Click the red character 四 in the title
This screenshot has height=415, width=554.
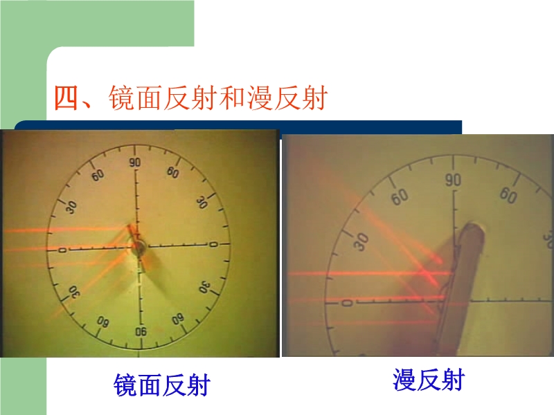[x=66, y=98]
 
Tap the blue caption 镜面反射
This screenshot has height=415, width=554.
[x=162, y=385]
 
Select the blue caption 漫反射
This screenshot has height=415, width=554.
[x=429, y=380]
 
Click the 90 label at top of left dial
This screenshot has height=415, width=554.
[x=134, y=163]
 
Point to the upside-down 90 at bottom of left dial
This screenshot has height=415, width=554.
[x=141, y=331]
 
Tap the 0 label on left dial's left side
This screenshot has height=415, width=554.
[x=62, y=250]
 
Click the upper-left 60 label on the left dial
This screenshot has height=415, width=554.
[x=98, y=175]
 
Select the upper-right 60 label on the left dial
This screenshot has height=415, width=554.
[x=172, y=172]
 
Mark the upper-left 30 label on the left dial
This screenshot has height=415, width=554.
[x=72, y=207]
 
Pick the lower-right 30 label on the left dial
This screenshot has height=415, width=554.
[x=204, y=288]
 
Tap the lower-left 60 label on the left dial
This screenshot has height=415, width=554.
[x=102, y=321]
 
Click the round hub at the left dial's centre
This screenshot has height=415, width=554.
[x=138, y=247]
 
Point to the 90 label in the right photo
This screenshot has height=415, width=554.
[x=453, y=180]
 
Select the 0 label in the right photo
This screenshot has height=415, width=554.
[x=348, y=303]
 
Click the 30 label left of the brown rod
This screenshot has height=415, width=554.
[x=361, y=242]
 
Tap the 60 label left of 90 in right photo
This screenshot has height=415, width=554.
[x=400, y=196]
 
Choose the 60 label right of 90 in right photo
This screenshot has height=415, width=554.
[x=508, y=195]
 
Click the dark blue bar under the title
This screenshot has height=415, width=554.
[x=238, y=127]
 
